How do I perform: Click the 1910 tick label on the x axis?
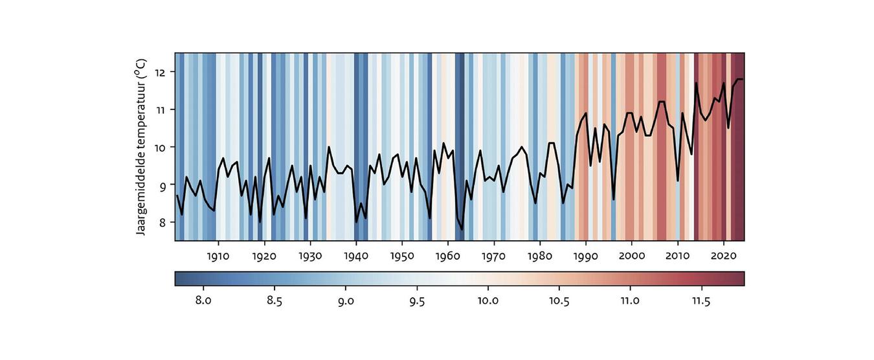click(x=218, y=255)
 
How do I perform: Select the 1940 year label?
click(x=356, y=255)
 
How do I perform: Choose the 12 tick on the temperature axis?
click(x=161, y=72)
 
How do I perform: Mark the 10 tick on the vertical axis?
click(x=161, y=147)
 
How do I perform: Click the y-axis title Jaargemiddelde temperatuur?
click(x=142, y=147)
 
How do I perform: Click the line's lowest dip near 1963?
click(x=462, y=229)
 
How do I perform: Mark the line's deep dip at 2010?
click(x=678, y=181)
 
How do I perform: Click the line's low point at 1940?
click(x=356, y=222)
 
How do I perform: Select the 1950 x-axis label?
click(x=402, y=255)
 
